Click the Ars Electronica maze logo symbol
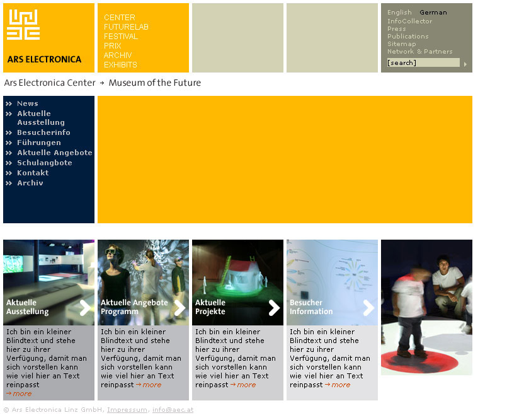coord(23,25)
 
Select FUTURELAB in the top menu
coord(126,27)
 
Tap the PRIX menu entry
coord(113,45)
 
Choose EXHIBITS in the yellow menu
coord(120,65)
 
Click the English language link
coord(399,13)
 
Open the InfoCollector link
coord(409,21)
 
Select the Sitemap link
coord(402,44)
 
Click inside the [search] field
coord(423,62)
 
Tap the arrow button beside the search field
coord(465,64)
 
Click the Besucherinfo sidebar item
coord(43,132)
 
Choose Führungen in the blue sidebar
coord(39,143)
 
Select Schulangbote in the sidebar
coord(45,163)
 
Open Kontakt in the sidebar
coord(33,173)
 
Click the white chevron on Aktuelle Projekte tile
coord(274,308)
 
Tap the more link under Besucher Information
coord(338,385)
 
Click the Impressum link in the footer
coord(127,410)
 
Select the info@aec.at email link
coord(173,410)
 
